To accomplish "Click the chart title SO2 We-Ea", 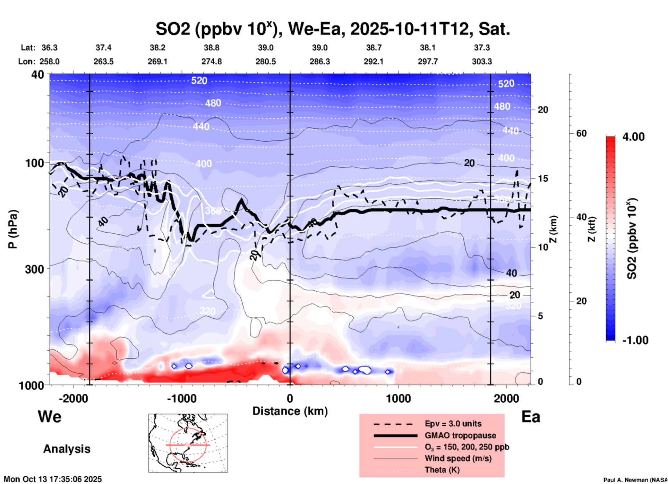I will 333,29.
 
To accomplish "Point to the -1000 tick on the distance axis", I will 181,398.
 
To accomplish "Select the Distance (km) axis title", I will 290,411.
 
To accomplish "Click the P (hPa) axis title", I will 13,229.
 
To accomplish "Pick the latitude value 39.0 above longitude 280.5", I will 265,48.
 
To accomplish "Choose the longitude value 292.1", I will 374,61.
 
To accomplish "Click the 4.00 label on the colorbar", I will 633,136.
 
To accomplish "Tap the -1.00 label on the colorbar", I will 635,340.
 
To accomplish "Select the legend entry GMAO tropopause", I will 460,435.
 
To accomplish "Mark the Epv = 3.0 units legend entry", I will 453,424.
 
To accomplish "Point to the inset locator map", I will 188,443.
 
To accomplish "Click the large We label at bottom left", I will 50,416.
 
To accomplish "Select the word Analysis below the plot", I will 67,449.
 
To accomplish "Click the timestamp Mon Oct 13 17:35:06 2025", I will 53,479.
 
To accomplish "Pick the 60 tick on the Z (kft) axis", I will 581,134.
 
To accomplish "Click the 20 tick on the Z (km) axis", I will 543,110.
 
